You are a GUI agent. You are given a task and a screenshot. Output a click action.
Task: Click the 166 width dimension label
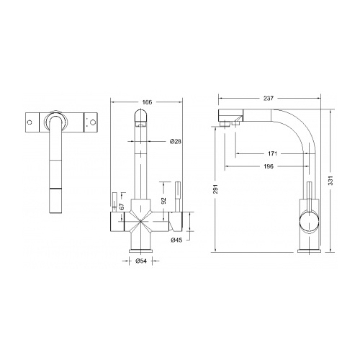click(x=147, y=102)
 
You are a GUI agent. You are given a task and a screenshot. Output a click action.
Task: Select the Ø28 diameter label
click(x=176, y=142)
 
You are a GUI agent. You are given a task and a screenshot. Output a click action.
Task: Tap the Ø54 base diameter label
click(x=141, y=261)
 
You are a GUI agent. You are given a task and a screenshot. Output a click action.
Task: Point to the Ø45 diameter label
click(x=176, y=240)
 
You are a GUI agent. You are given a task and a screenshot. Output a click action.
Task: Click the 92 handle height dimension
click(x=163, y=200)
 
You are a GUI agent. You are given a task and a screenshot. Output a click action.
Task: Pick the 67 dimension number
click(x=122, y=206)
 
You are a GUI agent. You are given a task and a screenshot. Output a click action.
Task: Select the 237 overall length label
click(x=269, y=98)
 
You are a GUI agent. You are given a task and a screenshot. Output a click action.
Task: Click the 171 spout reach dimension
click(x=273, y=153)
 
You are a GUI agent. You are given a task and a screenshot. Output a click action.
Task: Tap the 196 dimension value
click(x=269, y=166)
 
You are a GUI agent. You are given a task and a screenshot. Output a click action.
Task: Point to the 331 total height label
click(x=330, y=181)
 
